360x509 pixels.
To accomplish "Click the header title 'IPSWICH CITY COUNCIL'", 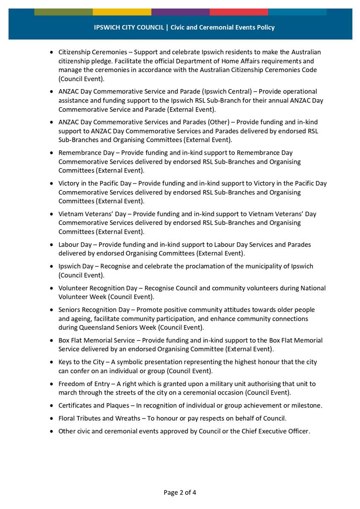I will coord(129,27).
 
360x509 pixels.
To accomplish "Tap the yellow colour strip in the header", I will coord(122,12).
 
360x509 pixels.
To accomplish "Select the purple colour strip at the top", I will coord(180,12).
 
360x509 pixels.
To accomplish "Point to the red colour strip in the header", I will coord(238,12).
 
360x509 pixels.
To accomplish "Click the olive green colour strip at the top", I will coord(63,12).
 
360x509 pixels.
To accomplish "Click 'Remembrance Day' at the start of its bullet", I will coord(84,153).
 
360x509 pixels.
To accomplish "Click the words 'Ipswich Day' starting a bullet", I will coord(76,266).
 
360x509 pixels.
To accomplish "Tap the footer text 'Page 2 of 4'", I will coord(180,492).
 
